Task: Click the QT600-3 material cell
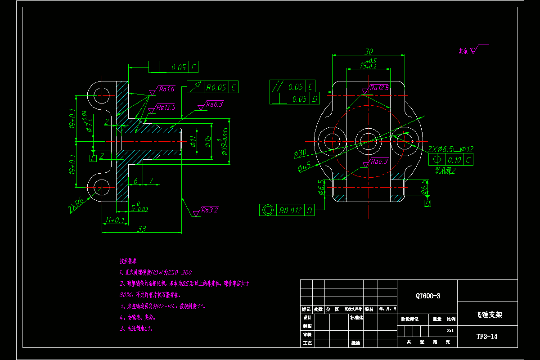[427, 296]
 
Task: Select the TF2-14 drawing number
[487, 336]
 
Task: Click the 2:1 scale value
[450, 330]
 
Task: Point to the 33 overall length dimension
[142, 229]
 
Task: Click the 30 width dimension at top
[369, 51]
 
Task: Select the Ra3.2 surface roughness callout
[210, 210]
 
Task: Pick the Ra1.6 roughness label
[166, 89]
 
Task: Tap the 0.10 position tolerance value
[454, 159]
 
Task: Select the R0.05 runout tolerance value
[216, 87]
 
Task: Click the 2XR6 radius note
[77, 205]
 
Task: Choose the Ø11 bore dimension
[193, 141]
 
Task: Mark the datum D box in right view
[427, 203]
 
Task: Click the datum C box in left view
[93, 158]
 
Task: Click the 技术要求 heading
[128, 261]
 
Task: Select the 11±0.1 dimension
[115, 220]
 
